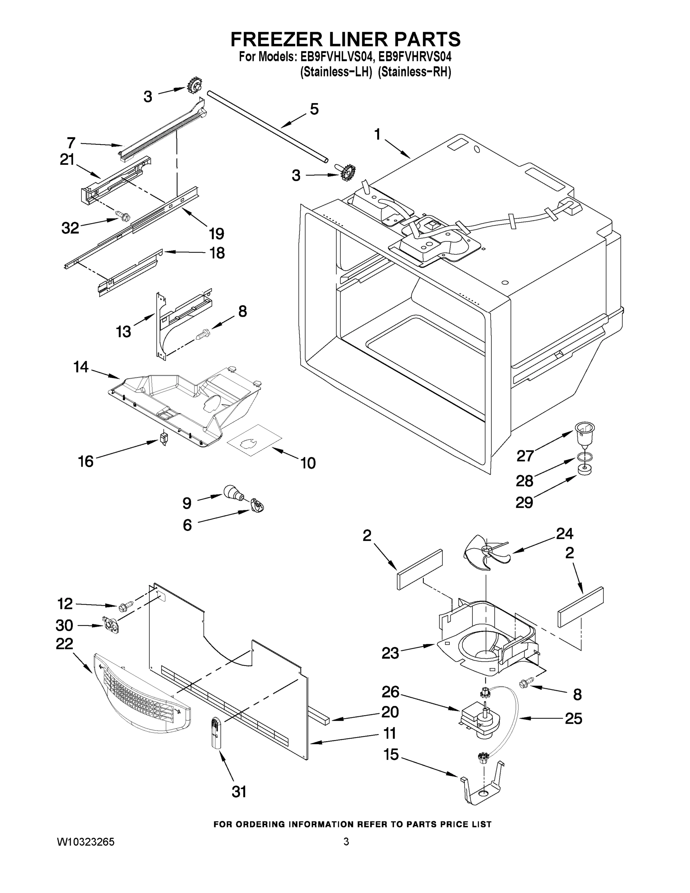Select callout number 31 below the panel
(239, 792)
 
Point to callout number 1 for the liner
(377, 134)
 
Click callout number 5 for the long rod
(314, 109)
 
